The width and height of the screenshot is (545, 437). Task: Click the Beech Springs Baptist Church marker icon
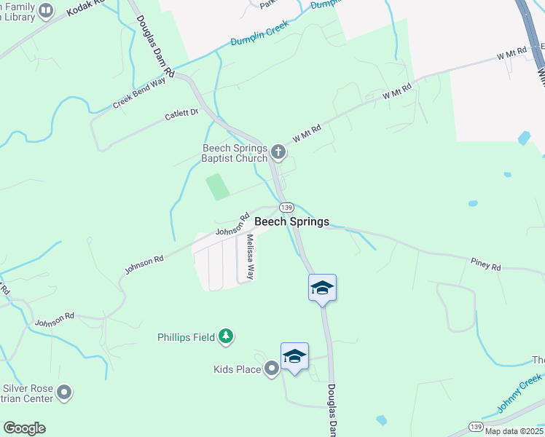tap(278, 152)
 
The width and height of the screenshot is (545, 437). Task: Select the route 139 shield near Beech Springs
tap(286, 208)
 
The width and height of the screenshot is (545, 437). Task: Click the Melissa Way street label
tap(250, 257)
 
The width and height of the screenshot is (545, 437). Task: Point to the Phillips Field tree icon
tap(227, 336)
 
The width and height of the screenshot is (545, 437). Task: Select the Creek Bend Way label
tap(139, 94)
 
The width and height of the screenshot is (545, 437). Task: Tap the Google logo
tap(24, 428)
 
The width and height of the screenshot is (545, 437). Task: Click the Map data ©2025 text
tap(513, 431)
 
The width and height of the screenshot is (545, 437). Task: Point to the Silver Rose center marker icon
tap(65, 393)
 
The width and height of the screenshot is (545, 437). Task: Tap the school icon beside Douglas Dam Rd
tap(322, 288)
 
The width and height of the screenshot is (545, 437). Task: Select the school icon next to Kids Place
tap(294, 356)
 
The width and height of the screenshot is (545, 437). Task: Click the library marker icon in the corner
tap(46, 10)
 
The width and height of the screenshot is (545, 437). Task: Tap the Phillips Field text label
tap(187, 337)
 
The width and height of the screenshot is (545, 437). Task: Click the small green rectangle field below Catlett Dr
tap(218, 186)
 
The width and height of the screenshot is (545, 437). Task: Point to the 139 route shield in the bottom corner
tap(476, 426)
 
